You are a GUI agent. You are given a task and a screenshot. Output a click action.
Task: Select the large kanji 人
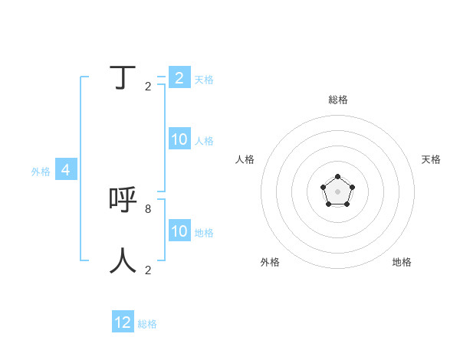(123, 260)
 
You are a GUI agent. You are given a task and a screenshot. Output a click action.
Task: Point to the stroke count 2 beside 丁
(148, 87)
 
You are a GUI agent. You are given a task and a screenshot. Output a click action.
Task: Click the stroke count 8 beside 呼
(148, 208)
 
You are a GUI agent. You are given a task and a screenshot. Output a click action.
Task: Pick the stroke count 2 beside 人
(148, 270)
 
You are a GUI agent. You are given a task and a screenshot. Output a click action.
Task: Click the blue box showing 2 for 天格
(179, 78)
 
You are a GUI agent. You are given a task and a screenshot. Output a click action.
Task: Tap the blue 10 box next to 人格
(179, 139)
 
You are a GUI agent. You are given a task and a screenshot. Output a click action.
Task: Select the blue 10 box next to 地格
(179, 231)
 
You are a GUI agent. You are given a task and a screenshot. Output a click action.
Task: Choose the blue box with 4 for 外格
(66, 170)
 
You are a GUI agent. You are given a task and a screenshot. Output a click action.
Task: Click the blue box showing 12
(123, 322)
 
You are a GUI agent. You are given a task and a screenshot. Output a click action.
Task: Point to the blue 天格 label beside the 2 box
(204, 80)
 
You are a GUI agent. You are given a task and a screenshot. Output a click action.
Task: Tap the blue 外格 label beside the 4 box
(41, 172)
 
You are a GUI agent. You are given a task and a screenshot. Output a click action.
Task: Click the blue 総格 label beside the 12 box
(147, 324)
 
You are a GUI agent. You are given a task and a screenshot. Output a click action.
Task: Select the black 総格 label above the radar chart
(338, 100)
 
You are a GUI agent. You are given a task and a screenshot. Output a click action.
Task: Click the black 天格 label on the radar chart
(431, 159)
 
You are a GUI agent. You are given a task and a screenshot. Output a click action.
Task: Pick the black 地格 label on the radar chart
(402, 262)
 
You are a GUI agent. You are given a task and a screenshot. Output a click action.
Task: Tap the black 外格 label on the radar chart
(270, 262)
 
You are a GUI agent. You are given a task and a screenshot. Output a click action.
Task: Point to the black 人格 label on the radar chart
(245, 159)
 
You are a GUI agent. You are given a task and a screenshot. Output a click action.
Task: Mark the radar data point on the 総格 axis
(338, 177)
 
